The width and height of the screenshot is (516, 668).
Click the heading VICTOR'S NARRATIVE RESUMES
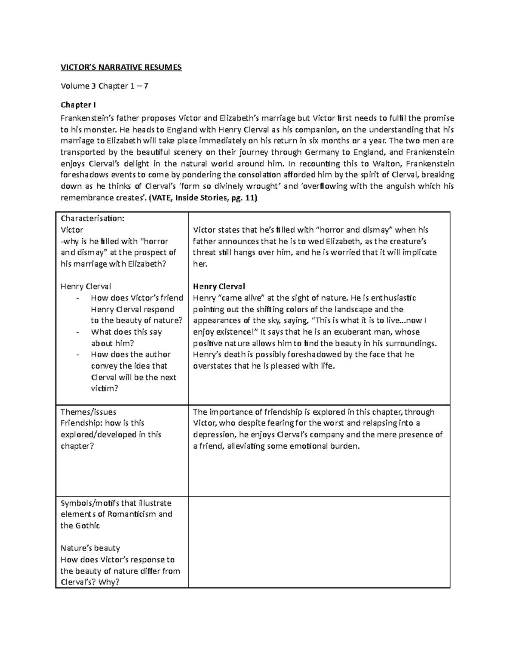121,68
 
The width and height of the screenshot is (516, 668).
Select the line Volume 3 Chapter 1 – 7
104,86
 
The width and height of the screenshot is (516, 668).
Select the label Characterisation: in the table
92,218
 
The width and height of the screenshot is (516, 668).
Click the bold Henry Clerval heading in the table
219,286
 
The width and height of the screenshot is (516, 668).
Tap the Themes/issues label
88,412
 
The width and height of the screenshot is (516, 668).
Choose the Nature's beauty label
90,548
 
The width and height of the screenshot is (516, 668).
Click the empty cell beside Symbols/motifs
319,542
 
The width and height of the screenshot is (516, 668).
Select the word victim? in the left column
104,388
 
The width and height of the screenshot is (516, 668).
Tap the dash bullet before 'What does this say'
77,332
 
